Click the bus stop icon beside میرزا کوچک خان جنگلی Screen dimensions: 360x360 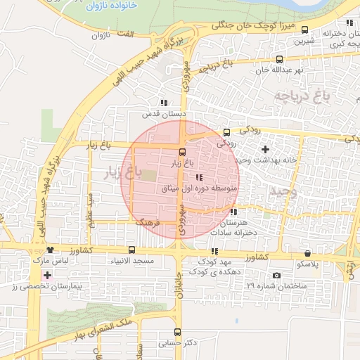pyautogui.click(x=304, y=29)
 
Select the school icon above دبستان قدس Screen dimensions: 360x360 pyautogui.click(x=164, y=103)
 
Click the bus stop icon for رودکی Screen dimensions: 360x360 pyautogui.click(x=226, y=131)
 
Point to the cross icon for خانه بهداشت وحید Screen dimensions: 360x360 pyautogui.click(x=265, y=149)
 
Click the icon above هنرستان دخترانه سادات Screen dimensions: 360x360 pyautogui.click(x=233, y=212)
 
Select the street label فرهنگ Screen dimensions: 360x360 pyautogui.click(x=148, y=221)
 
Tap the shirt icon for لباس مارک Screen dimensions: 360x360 pyautogui.click(x=50, y=250)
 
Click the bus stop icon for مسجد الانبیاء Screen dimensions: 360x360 pyautogui.click(x=131, y=250)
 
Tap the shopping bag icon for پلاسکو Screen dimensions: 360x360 pyautogui.click(x=307, y=253)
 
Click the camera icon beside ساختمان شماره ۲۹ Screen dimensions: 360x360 pyautogui.click(x=276, y=275)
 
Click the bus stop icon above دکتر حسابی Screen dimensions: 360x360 pyautogui.click(x=176, y=332)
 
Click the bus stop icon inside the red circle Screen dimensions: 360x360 pyautogui.click(x=182, y=151)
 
